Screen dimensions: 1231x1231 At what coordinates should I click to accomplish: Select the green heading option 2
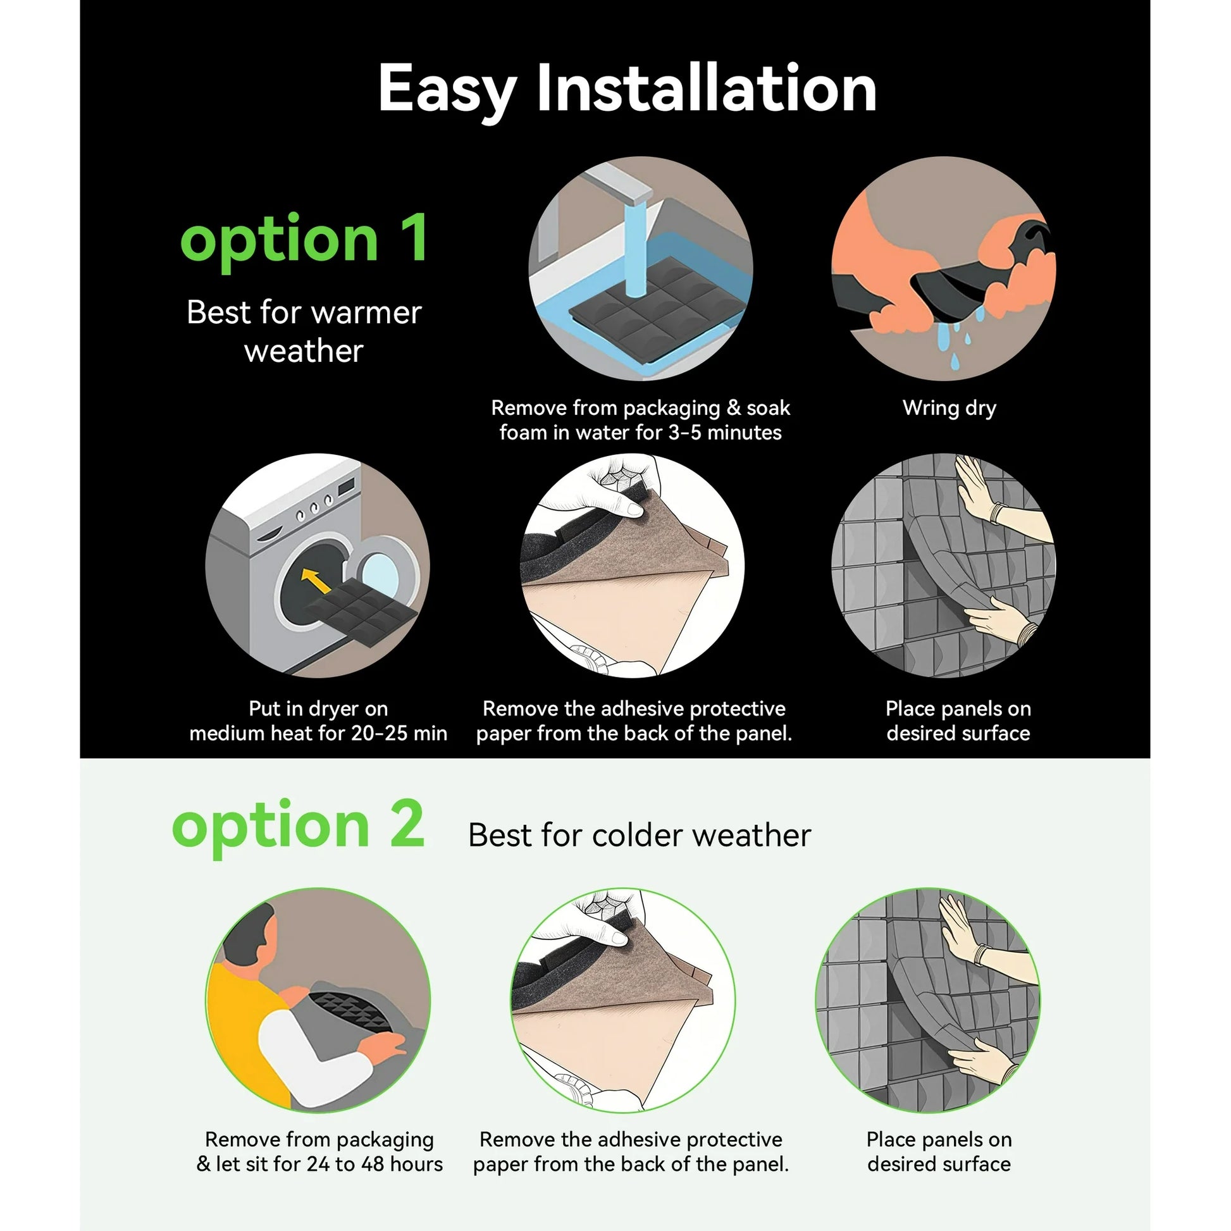[x=298, y=826]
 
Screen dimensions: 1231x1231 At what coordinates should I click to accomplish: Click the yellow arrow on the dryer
[x=316, y=581]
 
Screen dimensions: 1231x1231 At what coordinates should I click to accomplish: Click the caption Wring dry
[x=949, y=409]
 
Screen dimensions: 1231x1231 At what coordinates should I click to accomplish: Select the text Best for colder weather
[x=639, y=834]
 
